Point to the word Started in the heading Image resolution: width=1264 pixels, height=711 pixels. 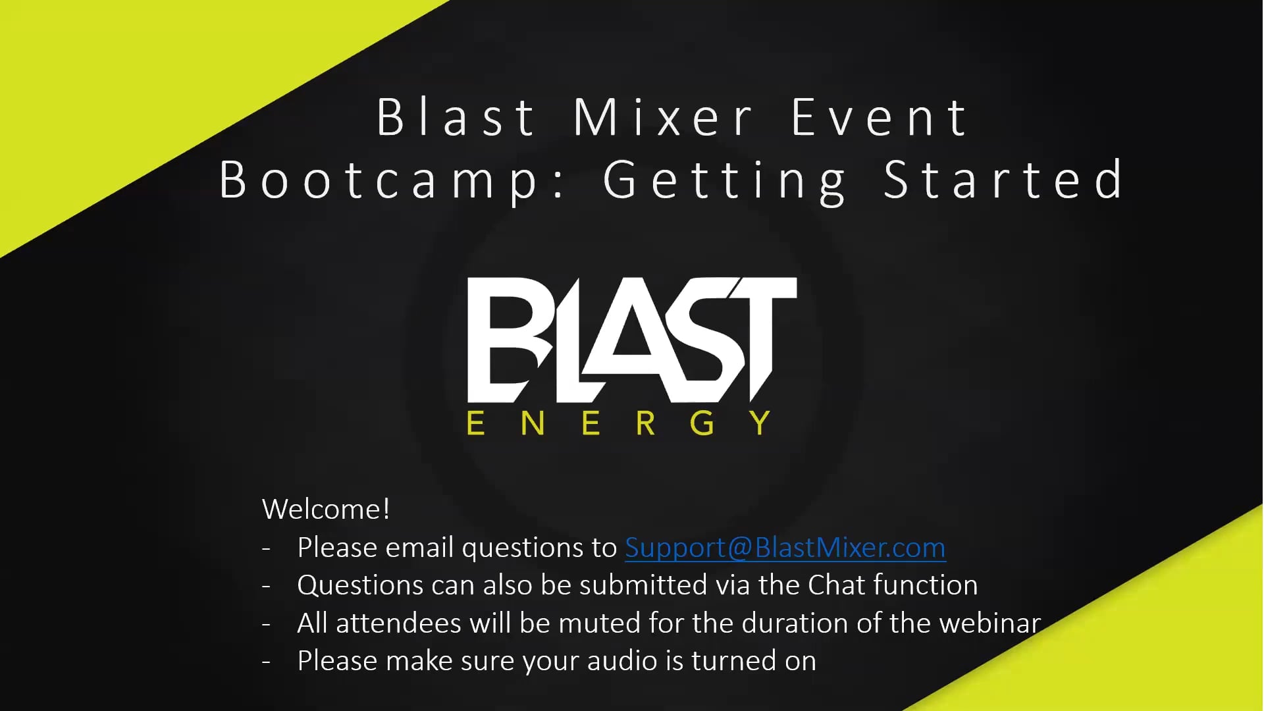point(1003,179)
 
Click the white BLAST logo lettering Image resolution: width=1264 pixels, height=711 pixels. point(632,340)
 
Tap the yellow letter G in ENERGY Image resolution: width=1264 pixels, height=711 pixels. point(702,423)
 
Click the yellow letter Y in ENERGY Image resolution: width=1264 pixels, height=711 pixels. point(760,423)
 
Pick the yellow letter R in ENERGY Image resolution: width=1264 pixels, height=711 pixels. point(646,423)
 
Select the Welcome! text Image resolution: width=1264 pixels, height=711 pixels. point(326,509)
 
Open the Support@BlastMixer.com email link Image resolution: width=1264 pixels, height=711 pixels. point(785,548)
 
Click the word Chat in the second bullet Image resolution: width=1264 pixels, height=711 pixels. point(835,585)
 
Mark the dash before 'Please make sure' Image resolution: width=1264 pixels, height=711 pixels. point(267,662)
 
